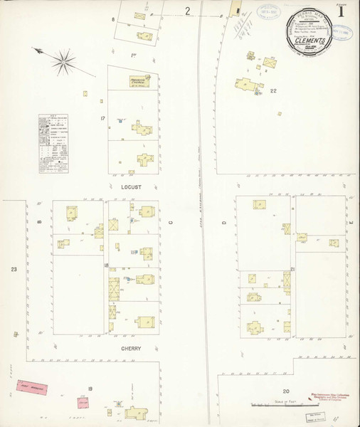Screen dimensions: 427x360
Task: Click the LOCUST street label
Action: point(132,186)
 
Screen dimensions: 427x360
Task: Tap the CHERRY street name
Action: point(132,349)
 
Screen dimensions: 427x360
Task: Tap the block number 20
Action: point(286,391)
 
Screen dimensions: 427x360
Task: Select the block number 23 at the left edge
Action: point(14,269)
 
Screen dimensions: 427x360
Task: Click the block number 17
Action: point(103,117)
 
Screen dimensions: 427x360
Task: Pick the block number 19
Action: point(90,388)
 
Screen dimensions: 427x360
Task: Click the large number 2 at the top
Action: point(188,11)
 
